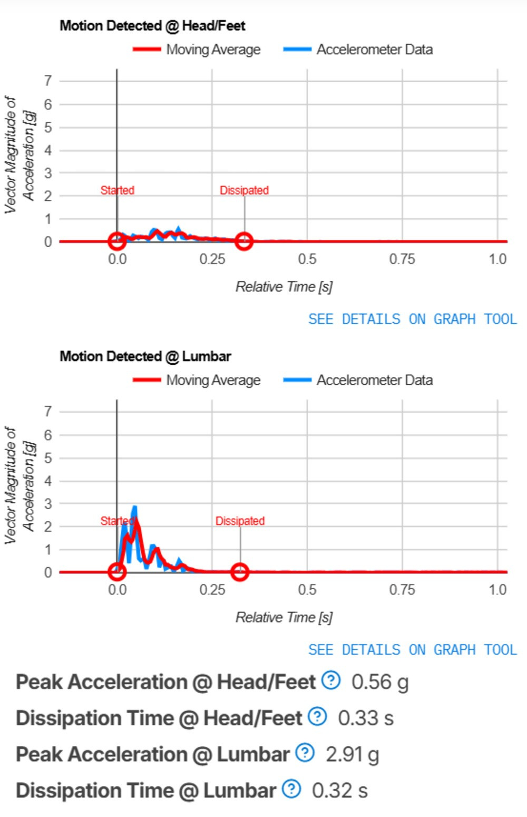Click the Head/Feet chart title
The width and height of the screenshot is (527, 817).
(x=152, y=25)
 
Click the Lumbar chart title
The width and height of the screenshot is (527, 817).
(x=145, y=356)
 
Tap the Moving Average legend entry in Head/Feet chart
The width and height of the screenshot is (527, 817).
(x=197, y=50)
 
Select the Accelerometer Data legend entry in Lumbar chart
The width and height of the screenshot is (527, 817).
(x=358, y=380)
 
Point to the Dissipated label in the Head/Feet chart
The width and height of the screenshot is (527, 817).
(x=244, y=190)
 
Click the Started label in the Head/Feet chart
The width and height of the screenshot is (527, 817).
(x=118, y=190)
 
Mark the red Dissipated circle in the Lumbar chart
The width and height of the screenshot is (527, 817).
(x=240, y=572)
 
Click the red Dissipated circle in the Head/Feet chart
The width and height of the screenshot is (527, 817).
(x=243, y=241)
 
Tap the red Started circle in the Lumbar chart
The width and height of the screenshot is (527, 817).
(x=117, y=572)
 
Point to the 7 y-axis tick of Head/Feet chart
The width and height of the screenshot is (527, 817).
(x=48, y=81)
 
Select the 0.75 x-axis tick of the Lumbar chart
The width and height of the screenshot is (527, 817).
(x=402, y=590)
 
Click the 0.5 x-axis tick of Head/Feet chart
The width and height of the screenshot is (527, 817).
(x=307, y=259)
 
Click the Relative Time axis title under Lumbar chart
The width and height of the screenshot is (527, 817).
(x=284, y=617)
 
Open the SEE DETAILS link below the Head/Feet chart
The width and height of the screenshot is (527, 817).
(x=412, y=319)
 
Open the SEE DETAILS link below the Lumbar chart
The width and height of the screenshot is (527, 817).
(x=412, y=650)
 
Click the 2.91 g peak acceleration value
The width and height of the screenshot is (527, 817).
(x=352, y=754)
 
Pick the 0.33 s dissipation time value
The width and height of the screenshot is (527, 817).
(x=366, y=718)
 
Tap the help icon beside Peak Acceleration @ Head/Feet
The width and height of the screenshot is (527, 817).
(x=331, y=680)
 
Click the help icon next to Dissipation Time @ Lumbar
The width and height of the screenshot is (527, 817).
(x=291, y=789)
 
